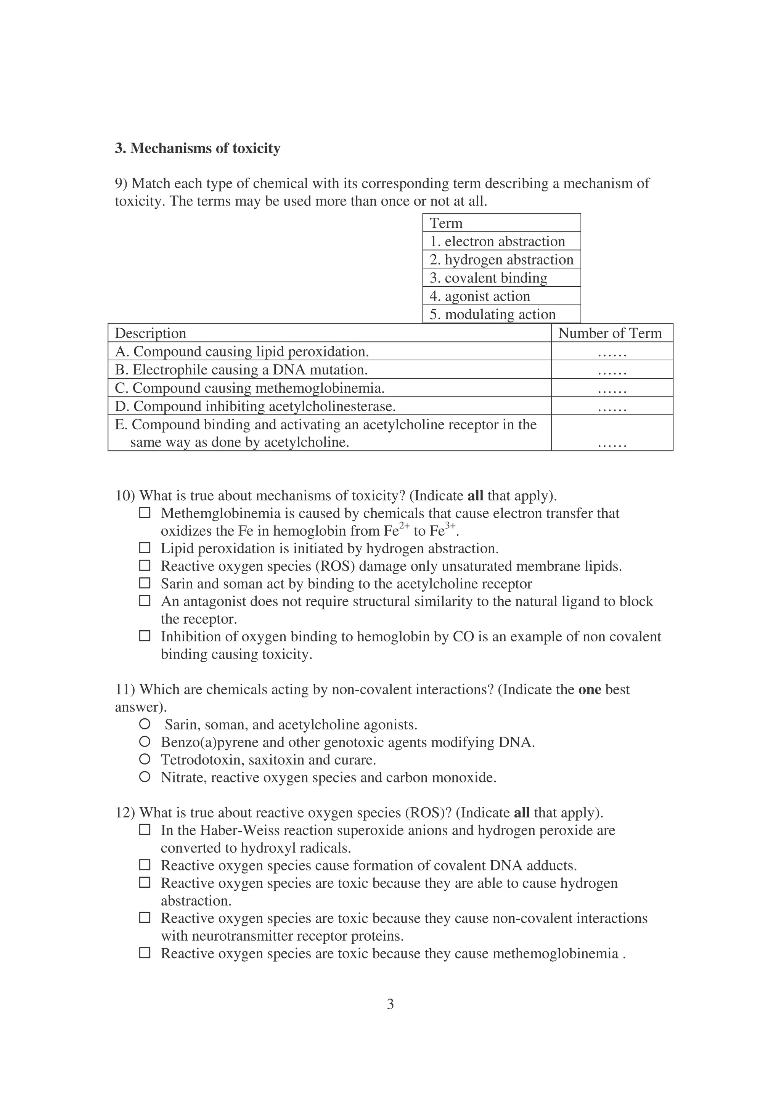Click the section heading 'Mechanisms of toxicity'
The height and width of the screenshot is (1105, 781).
point(205,148)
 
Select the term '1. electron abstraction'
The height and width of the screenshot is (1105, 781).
point(497,241)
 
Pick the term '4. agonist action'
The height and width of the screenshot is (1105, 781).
point(480,296)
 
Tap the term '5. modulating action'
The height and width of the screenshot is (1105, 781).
point(492,314)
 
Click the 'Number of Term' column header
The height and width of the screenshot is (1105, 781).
point(610,333)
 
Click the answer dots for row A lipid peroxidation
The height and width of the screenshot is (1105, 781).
point(612,354)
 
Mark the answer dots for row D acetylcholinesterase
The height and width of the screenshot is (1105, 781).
point(612,409)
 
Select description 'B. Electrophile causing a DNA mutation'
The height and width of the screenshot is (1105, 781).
point(241,369)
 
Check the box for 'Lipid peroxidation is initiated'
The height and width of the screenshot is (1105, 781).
point(145,548)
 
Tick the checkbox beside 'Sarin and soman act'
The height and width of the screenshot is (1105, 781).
point(145,583)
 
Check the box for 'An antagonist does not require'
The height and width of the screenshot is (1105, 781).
point(145,601)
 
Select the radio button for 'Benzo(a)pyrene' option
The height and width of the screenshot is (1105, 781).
point(145,742)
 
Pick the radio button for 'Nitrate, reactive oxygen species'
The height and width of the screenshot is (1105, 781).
point(145,777)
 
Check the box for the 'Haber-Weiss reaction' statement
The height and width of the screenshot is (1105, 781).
point(145,830)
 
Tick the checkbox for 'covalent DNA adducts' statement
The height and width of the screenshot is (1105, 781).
point(145,865)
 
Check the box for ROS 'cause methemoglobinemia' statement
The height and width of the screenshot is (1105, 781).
point(145,953)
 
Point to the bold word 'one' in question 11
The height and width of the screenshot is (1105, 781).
point(590,689)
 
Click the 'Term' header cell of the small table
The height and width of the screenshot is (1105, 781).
point(446,223)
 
